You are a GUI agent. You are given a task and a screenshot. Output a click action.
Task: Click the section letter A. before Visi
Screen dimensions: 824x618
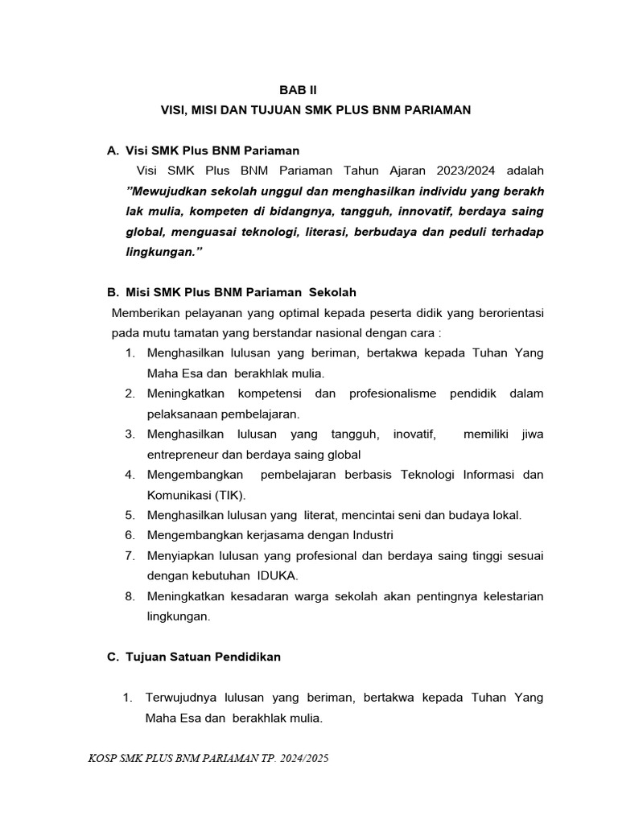pyautogui.click(x=113, y=150)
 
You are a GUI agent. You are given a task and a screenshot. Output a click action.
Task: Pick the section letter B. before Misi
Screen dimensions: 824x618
pyautogui.click(x=113, y=292)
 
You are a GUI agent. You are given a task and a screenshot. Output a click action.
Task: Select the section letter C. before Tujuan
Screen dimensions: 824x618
pyautogui.click(x=113, y=657)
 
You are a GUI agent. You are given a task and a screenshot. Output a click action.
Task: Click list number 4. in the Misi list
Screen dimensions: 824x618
pyautogui.click(x=130, y=475)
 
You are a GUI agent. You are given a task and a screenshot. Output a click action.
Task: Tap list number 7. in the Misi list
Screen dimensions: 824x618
pyautogui.click(x=130, y=555)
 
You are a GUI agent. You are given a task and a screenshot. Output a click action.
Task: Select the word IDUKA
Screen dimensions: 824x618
pyautogui.click(x=277, y=575)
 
